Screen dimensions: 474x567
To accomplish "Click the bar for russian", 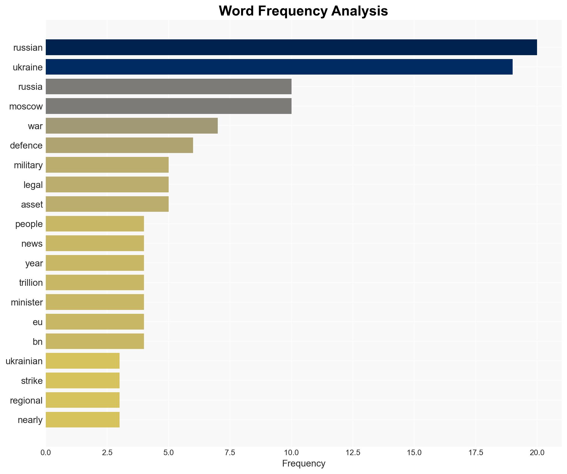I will tap(291, 47).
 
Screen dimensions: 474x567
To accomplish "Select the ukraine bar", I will tap(279, 67).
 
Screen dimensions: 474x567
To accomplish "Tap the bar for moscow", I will tap(169, 106).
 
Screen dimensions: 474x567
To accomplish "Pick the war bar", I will tap(132, 126).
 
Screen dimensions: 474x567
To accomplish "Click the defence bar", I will tap(119, 145).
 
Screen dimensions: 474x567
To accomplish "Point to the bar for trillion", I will tap(95, 282).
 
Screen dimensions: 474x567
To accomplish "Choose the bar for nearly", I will tap(83, 420).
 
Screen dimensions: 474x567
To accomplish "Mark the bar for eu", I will tap(95, 322).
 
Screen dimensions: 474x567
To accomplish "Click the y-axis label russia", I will tap(30, 87).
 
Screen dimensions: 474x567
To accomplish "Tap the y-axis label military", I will tap(28, 165).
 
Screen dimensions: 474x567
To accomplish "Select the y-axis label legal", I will tap(33, 185).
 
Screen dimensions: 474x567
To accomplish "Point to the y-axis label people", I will tap(29, 224).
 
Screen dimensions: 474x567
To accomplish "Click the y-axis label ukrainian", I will tap(24, 361).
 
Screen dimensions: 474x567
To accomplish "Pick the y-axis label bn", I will tap(37, 342).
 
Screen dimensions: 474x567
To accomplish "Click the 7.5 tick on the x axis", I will tap(230, 453).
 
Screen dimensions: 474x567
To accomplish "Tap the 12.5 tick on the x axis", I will tap(353, 453).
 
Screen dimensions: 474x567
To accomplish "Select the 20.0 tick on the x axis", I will tap(537, 453).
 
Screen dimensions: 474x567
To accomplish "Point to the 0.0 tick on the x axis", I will tap(46, 453).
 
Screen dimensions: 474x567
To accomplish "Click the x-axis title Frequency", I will tap(303, 463).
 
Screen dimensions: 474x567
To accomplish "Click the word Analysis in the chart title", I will tap(360, 11).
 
